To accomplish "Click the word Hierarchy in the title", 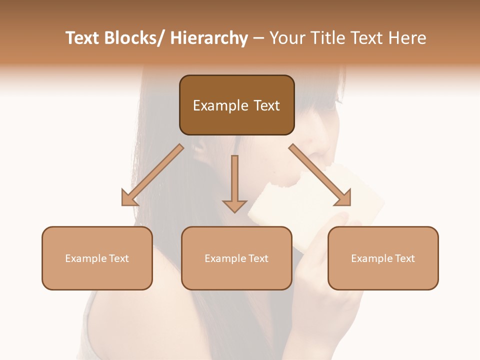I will pyautogui.click(x=209, y=38).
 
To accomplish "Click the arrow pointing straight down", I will pyautogui.click(x=234, y=185).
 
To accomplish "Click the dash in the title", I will pyautogui.click(x=259, y=39).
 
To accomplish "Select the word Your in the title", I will pyautogui.click(x=286, y=38).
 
